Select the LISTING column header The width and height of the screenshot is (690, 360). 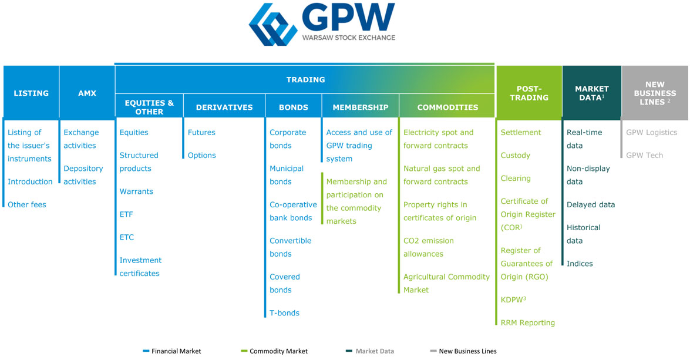[31, 93]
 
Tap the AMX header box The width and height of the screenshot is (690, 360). [87, 93]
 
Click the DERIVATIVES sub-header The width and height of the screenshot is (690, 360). [224, 107]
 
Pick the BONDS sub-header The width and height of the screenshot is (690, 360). [294, 107]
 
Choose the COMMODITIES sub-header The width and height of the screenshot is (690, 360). [447, 107]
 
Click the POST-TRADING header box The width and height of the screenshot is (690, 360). [529, 93]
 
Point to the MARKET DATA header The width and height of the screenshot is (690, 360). [591, 93]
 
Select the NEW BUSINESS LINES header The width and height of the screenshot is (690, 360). [655, 93]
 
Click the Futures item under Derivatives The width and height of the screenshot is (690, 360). [201, 133]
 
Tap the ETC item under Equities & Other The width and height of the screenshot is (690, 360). [127, 237]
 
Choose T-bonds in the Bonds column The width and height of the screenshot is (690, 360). [284, 313]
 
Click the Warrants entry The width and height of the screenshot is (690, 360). [136, 191]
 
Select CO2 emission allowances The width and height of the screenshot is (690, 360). [428, 247]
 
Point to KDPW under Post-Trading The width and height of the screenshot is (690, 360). [513, 300]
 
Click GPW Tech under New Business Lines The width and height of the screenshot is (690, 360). [644, 156]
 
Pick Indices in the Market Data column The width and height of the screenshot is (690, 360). [580, 264]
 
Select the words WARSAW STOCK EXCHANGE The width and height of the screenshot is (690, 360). [348, 38]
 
